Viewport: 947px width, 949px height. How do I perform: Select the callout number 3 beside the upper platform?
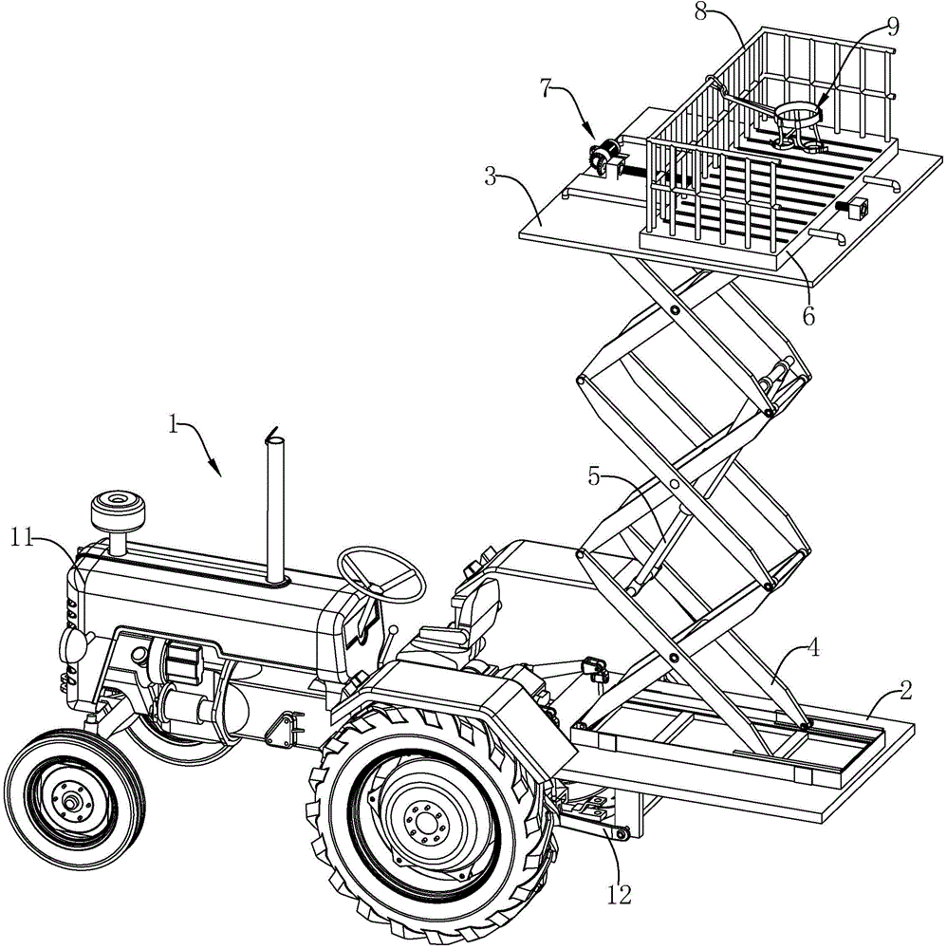[x=492, y=177]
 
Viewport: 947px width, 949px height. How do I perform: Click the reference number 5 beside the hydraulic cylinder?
[x=594, y=477]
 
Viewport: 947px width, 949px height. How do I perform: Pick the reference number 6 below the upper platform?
[x=808, y=315]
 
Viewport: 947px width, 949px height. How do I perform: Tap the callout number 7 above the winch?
[x=547, y=87]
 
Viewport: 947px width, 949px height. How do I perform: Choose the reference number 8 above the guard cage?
[x=700, y=12]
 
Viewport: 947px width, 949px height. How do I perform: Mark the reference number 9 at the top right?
[x=893, y=26]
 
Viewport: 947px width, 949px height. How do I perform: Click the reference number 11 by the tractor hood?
[x=22, y=537]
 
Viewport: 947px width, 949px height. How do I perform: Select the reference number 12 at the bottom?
[x=619, y=895]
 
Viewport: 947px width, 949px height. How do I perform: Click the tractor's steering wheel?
[x=381, y=574]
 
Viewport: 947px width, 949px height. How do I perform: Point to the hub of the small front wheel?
[x=72, y=803]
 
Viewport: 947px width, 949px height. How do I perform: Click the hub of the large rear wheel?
[x=426, y=823]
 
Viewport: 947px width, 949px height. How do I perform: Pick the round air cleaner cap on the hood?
[x=118, y=510]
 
